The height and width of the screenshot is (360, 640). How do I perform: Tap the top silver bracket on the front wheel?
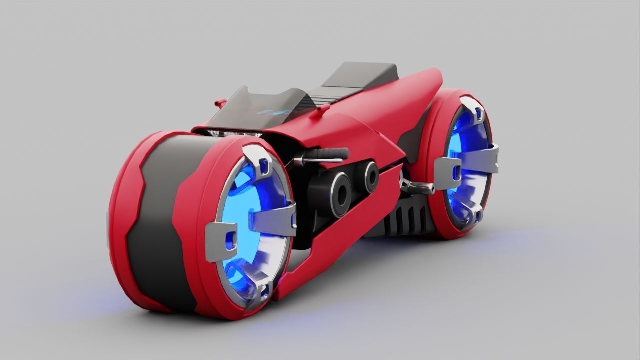[257, 160]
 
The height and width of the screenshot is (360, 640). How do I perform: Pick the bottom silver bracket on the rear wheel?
[472, 215]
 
